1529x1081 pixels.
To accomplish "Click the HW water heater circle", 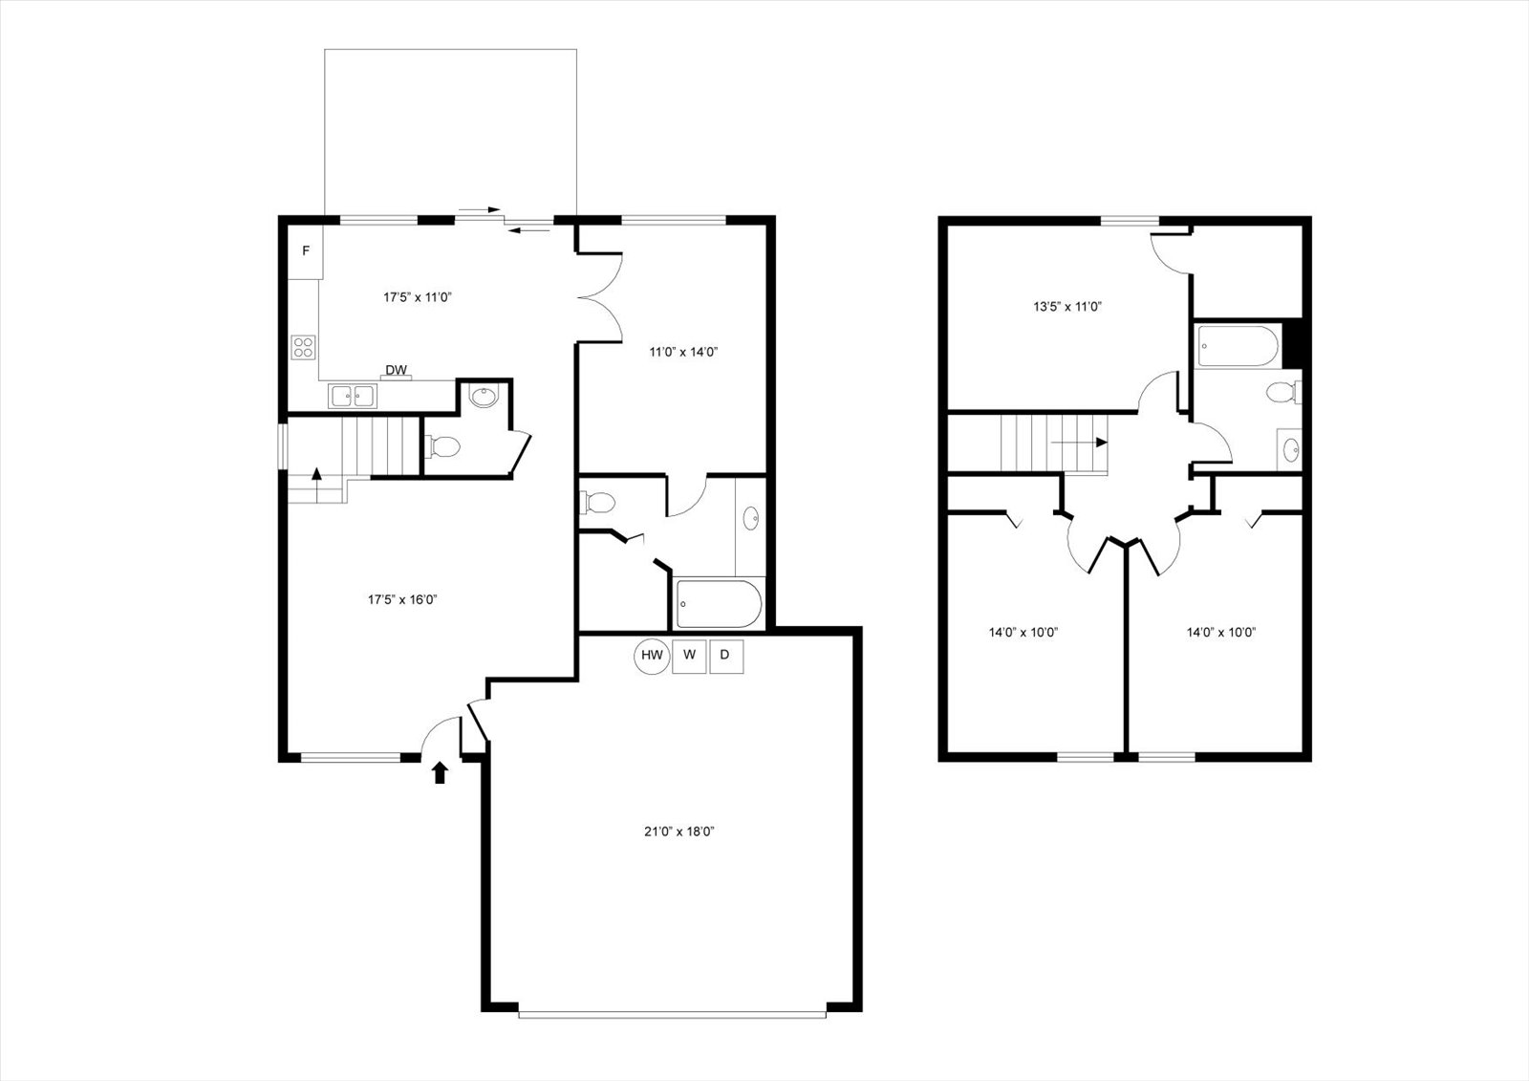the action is click(652, 656).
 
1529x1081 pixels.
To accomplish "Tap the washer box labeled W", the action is click(689, 656).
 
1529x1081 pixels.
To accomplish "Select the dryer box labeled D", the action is click(726, 656).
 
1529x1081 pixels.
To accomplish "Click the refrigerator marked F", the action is click(305, 250).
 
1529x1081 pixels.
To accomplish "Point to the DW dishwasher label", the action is click(396, 370).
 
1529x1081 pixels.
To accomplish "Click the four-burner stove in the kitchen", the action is click(303, 348).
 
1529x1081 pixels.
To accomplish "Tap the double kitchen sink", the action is click(353, 396).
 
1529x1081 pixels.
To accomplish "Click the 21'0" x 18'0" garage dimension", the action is click(678, 832).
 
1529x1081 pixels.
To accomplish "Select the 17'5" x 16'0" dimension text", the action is click(402, 599).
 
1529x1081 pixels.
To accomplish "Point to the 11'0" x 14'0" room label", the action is click(683, 353).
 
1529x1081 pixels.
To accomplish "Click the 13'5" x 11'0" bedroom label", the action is click(1067, 307).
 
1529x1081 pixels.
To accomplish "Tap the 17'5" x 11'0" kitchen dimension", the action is click(418, 297).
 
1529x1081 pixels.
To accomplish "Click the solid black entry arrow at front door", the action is click(441, 772).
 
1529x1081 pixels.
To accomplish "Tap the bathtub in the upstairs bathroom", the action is click(1238, 347).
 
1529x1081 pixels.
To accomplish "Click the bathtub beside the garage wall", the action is click(718, 604).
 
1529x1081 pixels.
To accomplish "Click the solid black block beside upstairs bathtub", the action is click(1293, 344).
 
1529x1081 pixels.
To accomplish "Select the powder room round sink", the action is click(485, 397).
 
